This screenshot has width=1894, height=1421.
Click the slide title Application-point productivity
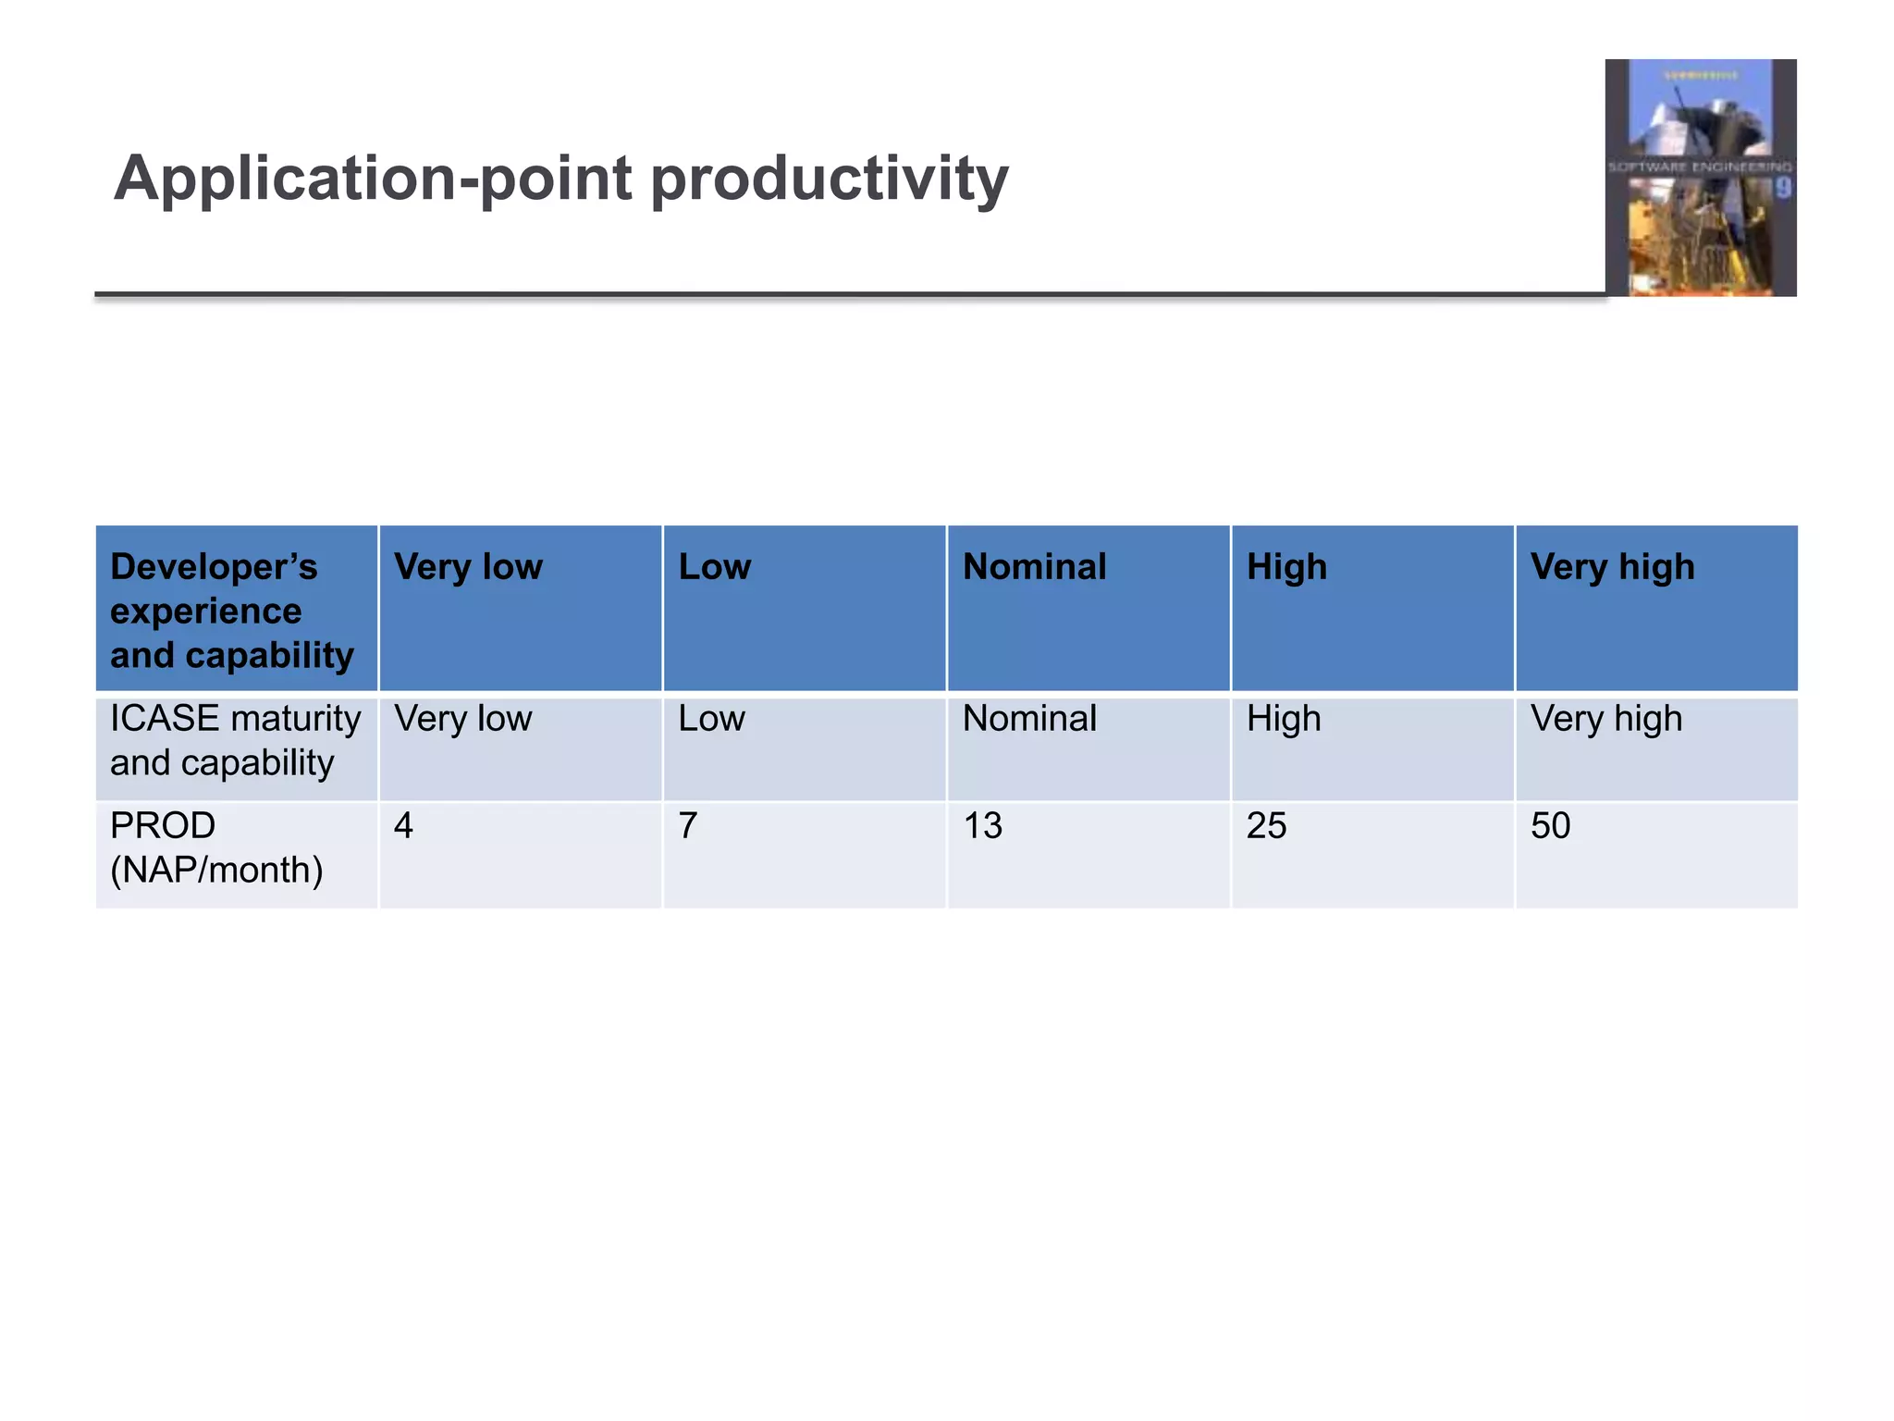click(560, 178)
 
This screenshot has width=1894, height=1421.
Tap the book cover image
click(1700, 178)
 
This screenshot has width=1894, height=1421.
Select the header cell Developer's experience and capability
click(231, 611)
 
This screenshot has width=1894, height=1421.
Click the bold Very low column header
click(468, 567)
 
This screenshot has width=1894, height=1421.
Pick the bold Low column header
click(714, 567)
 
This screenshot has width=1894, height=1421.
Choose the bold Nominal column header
click(1034, 567)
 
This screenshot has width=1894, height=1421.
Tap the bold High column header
click(1286, 567)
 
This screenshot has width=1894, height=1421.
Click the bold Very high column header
click(1612, 567)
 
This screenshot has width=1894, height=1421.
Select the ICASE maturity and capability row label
click(235, 740)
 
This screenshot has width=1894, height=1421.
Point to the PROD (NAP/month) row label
click(216, 847)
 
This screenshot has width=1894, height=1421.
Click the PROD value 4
click(403, 825)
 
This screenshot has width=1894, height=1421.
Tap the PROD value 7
click(687, 825)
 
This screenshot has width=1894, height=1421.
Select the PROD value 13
click(982, 825)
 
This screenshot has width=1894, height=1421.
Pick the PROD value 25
click(1266, 825)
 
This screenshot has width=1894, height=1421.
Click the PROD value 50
click(1550, 825)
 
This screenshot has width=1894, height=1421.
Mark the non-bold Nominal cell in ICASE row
click(1029, 719)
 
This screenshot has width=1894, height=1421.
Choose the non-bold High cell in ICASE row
click(1284, 719)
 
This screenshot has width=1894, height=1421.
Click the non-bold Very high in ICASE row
click(1606, 719)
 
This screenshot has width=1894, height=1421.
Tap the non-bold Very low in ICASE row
click(462, 719)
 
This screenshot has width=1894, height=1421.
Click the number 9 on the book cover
click(1782, 189)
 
